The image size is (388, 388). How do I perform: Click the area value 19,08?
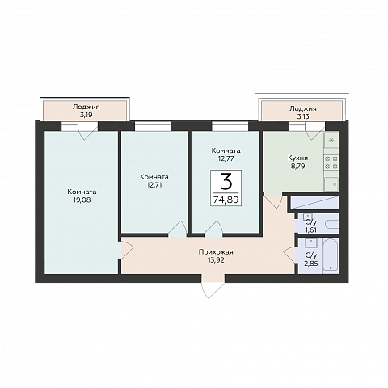82,200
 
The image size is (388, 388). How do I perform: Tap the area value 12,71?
154,185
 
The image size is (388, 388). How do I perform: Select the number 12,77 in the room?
226,158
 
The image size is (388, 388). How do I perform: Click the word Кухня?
297,158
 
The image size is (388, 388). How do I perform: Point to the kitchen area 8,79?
297,167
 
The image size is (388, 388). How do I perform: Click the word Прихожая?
216,252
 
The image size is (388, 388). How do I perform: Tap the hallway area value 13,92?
216,260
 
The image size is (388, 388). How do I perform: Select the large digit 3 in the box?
226,182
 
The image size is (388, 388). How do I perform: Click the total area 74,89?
226,200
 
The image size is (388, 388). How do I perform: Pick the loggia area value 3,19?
86,115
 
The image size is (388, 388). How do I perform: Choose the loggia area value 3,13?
303,116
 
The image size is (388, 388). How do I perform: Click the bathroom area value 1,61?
311,230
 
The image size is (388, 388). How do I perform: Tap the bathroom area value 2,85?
311,264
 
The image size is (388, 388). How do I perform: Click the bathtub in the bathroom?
331,255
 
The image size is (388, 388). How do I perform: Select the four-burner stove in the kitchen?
331,162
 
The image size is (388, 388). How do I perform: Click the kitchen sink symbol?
331,184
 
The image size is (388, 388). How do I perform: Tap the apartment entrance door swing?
213,286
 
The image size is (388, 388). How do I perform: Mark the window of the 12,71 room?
153,126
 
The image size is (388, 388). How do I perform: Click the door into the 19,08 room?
126,251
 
